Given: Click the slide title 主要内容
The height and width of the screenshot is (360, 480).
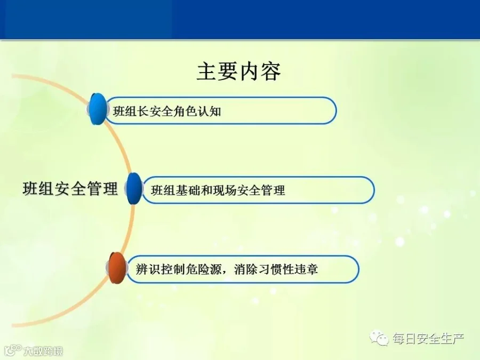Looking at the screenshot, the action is [239, 71].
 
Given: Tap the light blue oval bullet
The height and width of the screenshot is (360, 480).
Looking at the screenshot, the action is [98, 109].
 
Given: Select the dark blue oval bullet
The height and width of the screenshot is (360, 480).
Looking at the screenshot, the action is [134, 188].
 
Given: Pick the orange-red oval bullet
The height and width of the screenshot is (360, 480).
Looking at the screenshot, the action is [117, 268].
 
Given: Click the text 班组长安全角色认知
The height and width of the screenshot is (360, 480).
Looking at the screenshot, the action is [167, 111].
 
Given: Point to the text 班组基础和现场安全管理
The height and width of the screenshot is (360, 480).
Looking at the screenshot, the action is [218, 190].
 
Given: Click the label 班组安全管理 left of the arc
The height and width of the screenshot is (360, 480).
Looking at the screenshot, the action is [70, 188].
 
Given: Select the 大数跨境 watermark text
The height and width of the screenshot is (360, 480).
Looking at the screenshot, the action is [43, 351].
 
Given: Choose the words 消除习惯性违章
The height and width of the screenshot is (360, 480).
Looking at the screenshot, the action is [276, 269].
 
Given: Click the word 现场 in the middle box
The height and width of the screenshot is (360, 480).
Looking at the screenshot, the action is [225, 190].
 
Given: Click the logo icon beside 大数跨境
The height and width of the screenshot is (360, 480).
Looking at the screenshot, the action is [13, 350].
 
